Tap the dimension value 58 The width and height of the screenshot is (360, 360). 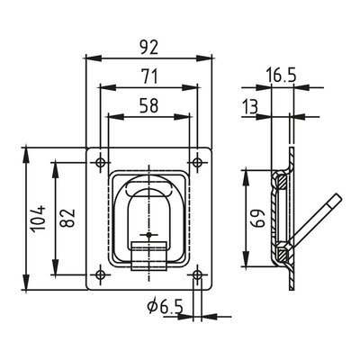point(149,105)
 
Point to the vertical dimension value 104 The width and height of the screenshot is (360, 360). point(35,217)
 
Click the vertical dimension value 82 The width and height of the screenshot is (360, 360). point(65,217)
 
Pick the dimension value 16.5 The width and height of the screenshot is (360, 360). point(282,78)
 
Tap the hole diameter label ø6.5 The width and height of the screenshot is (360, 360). point(165,308)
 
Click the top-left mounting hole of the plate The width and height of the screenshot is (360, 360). point(99,162)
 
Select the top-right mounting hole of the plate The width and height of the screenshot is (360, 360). point(196,162)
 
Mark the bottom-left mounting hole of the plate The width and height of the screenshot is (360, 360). point(99,274)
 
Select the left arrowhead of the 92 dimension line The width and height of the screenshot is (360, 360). point(88,58)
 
